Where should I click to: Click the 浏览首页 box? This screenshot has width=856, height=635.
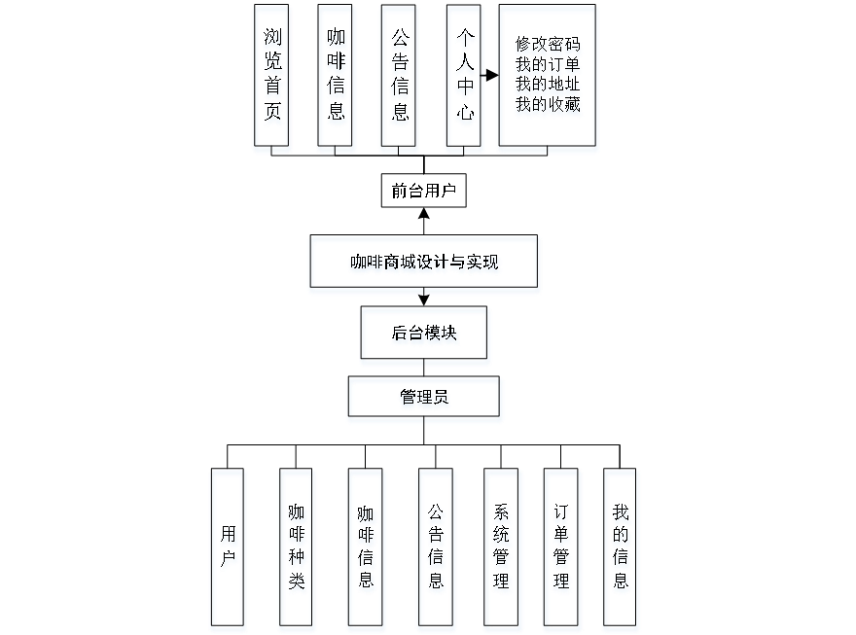click(x=272, y=78)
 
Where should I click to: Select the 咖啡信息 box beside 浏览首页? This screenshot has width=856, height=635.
click(x=337, y=78)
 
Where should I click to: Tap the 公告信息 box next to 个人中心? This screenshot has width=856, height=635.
click(x=400, y=78)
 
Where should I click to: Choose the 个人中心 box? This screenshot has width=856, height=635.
click(x=465, y=78)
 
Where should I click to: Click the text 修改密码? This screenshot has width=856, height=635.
click(x=549, y=47)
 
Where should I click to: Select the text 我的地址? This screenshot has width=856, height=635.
click(x=549, y=86)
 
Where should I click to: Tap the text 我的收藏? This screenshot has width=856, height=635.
click(x=549, y=105)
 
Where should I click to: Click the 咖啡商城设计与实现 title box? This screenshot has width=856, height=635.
click(x=424, y=265)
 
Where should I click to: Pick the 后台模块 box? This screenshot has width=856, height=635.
click(x=425, y=336)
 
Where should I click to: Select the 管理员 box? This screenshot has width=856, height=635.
click(x=425, y=400)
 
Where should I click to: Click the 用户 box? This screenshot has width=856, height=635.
click(x=229, y=549)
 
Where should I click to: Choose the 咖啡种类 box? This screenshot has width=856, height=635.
click(x=298, y=549)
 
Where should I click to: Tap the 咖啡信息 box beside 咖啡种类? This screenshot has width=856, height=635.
click(x=367, y=549)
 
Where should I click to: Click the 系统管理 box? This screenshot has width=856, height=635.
click(x=503, y=549)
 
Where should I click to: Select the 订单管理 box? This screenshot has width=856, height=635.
click(x=563, y=549)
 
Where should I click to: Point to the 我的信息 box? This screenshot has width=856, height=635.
click(x=622, y=549)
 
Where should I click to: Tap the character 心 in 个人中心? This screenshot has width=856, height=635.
click(x=465, y=114)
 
